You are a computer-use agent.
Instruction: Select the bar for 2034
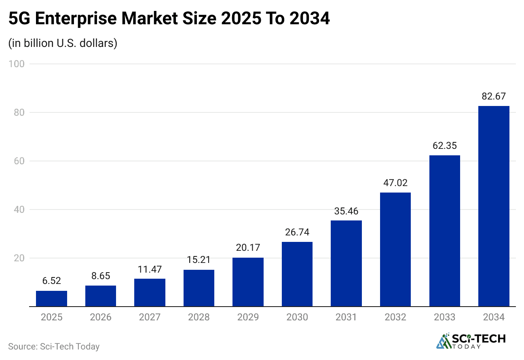click(494, 206)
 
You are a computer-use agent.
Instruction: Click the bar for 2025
click(51, 299)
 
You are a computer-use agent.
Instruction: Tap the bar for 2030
click(297, 274)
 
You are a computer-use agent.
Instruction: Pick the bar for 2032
click(395, 250)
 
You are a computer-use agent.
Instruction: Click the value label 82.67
click(494, 96)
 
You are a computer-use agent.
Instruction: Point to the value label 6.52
click(51, 281)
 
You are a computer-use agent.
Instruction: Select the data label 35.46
click(346, 211)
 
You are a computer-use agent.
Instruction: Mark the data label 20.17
click(248, 248)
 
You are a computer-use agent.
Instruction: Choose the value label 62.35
click(445, 146)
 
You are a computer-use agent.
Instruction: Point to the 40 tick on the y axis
click(18, 210)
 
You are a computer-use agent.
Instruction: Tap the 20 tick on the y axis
click(18, 258)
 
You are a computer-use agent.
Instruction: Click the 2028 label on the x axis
click(199, 317)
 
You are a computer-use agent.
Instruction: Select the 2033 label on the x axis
click(445, 317)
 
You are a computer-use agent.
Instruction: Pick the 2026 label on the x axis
click(101, 317)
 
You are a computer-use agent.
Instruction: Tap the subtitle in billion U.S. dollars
click(63, 43)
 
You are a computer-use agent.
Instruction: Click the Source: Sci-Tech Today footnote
click(53, 347)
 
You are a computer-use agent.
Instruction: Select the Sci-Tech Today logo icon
click(444, 341)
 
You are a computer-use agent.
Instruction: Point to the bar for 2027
click(150, 292)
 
